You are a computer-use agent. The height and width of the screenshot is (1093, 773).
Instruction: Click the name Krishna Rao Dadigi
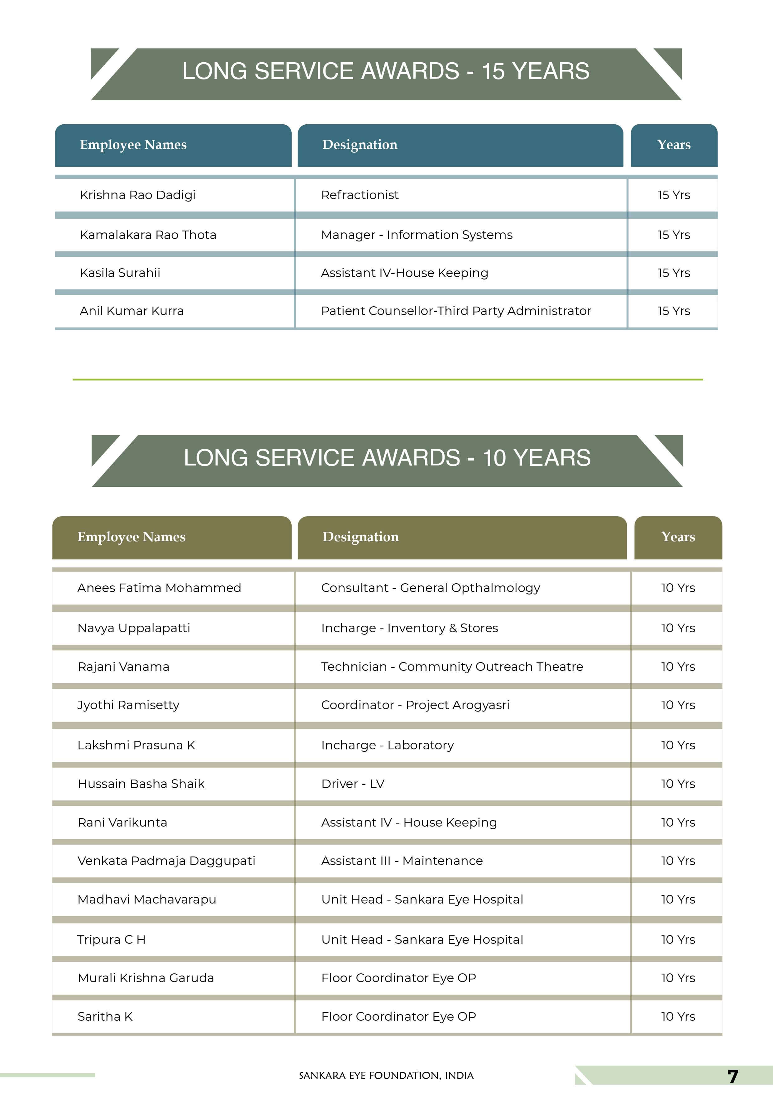(x=138, y=195)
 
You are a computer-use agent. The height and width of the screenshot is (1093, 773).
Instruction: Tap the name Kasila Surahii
(x=120, y=273)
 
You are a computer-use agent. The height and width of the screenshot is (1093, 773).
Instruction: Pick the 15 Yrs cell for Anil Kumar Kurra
(x=674, y=311)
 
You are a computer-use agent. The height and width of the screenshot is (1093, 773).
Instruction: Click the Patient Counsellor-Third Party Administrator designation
(x=456, y=311)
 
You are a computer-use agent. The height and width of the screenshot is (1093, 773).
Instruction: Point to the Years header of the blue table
(x=674, y=145)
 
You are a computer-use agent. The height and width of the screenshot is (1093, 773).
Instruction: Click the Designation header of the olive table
(x=360, y=537)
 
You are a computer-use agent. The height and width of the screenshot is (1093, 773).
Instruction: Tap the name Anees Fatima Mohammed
(x=159, y=588)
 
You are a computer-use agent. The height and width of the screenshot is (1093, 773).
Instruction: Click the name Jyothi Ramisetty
(x=128, y=705)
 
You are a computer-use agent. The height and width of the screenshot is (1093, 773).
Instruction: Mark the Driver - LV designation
(x=353, y=784)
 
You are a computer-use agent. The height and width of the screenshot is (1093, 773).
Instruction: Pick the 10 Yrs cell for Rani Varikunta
(x=678, y=822)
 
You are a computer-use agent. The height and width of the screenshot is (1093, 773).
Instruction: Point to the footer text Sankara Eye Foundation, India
(x=386, y=1075)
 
